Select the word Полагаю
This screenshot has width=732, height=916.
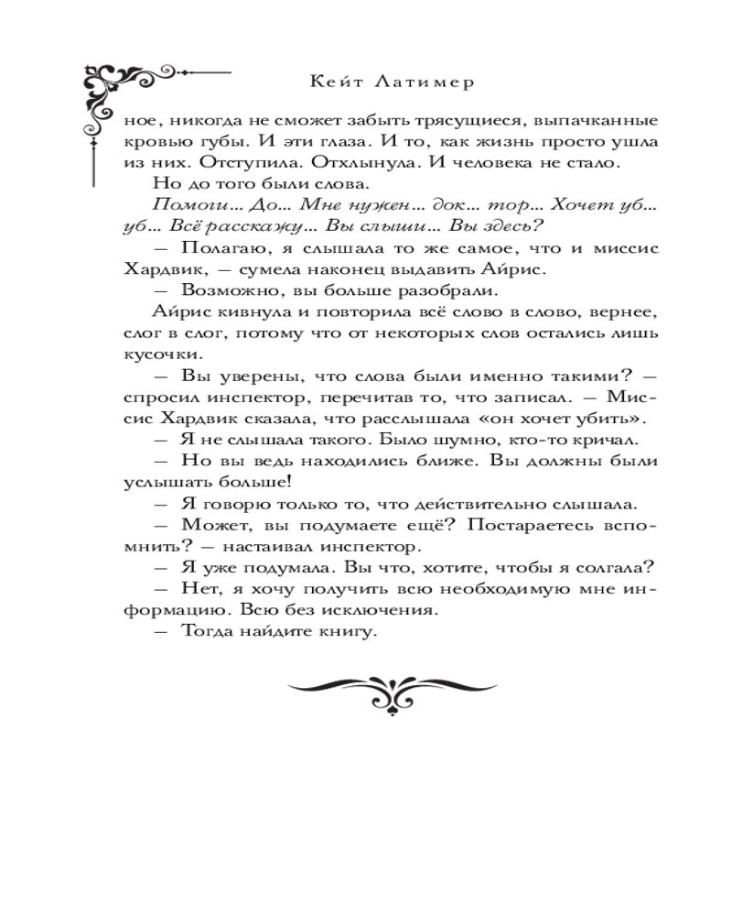pos(218,249)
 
